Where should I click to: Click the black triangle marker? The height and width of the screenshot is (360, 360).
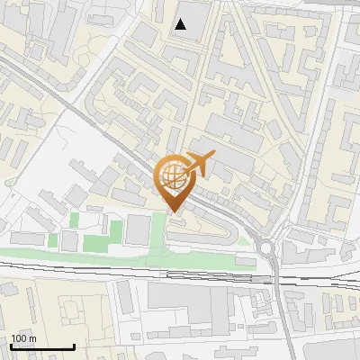181,24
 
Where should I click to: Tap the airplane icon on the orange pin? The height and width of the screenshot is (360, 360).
198,163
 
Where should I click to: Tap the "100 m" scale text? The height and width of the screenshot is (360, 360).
23,338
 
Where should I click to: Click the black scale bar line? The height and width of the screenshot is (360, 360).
42,346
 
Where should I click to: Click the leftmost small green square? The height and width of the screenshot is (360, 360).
53,241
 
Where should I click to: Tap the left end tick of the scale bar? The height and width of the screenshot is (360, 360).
11,346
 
